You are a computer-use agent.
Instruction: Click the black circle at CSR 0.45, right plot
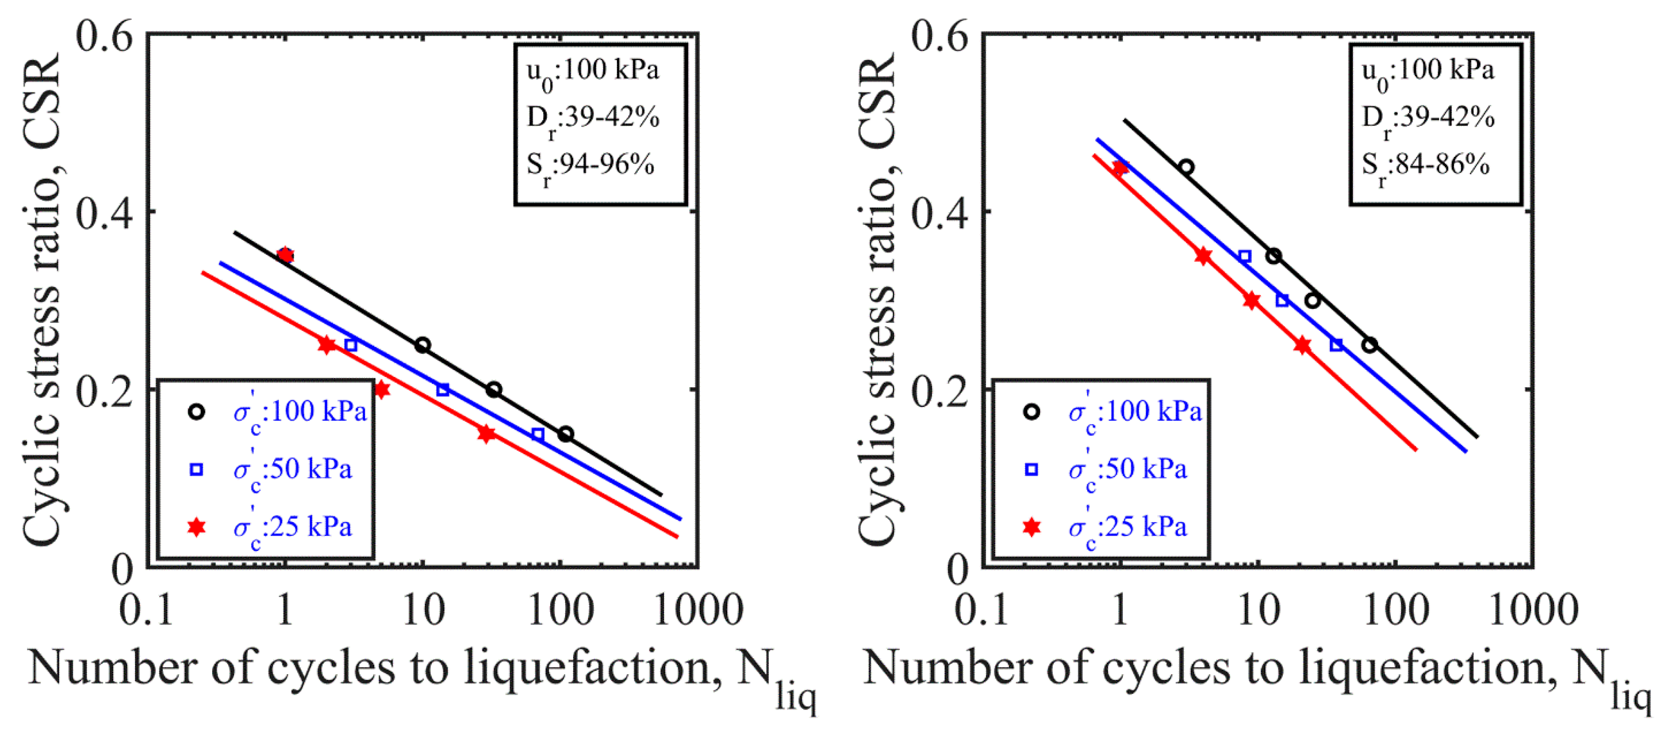click(x=1186, y=167)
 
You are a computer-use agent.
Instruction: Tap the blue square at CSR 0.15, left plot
click(x=538, y=434)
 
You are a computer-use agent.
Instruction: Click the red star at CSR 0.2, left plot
click(x=382, y=389)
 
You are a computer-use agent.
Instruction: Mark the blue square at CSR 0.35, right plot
click(x=1244, y=256)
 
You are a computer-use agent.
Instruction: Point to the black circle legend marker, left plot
click(x=196, y=411)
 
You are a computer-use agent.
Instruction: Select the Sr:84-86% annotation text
click(x=1426, y=166)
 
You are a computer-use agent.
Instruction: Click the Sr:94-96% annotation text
click(x=590, y=166)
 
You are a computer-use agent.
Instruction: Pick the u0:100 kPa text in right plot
click(x=1427, y=72)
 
